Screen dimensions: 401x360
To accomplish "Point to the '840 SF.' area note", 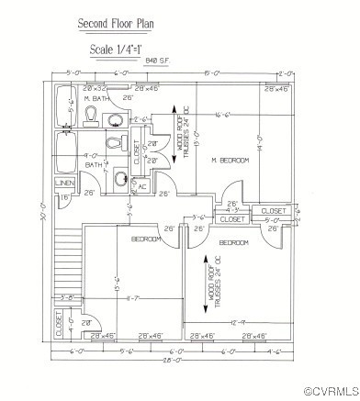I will coord(158,62).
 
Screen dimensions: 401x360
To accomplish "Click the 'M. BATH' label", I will coord(96,97).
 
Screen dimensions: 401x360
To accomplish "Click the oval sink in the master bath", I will coord(117,119).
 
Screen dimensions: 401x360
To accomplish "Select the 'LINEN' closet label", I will coord(65,183).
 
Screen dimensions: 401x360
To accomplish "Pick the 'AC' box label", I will coord(142,186).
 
